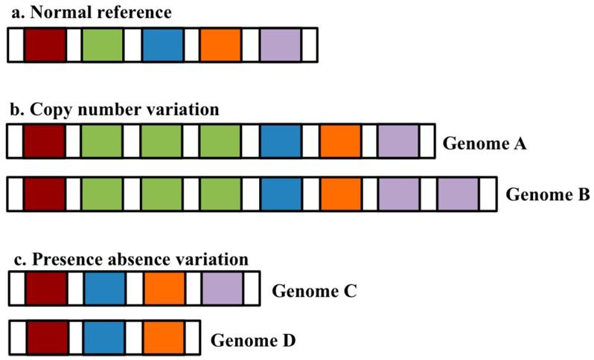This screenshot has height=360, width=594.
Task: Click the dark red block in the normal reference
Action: point(45,45)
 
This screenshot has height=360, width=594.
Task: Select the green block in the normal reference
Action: point(103,45)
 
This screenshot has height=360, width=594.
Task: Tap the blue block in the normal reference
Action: point(162,45)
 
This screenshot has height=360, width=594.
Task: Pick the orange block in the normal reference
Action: point(221,45)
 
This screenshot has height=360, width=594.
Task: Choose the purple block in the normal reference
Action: point(281,45)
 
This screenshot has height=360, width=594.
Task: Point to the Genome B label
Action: point(547,195)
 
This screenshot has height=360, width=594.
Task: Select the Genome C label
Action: point(315,291)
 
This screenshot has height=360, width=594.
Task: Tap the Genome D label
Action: point(254,341)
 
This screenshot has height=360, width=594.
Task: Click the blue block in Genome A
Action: point(281,141)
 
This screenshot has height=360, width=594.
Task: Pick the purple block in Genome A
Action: point(398,141)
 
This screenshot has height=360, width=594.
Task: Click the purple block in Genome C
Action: point(222,289)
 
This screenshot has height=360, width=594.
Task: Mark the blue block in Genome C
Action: point(105,289)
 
